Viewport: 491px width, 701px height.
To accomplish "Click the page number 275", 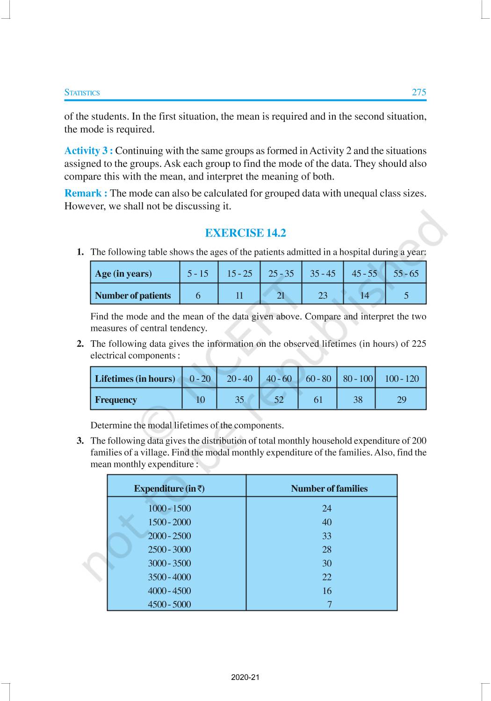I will [419, 92].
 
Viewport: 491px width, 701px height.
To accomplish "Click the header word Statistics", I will [82, 93].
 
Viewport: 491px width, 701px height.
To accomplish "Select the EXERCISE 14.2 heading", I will [245, 233].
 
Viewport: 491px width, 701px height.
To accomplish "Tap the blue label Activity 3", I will [88, 150].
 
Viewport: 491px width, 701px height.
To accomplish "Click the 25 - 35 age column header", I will [281, 273].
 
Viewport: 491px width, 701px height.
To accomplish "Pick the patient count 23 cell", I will [323, 295].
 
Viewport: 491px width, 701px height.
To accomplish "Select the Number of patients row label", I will [133, 295].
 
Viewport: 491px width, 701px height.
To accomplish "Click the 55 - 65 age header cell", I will [406, 273].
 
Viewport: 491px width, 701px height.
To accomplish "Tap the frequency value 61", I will [318, 400].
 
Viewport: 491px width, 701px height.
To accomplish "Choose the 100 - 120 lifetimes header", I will [402, 379].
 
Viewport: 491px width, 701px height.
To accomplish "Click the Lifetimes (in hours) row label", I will [135, 379].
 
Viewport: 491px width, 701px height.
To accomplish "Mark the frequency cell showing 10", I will [200, 400].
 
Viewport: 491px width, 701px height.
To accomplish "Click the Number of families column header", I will [329, 488].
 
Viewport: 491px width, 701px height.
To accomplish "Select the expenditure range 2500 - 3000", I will [169, 550].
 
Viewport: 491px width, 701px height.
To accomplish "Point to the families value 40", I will [327, 522].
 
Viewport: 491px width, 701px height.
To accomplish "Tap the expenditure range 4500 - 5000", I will [169, 604].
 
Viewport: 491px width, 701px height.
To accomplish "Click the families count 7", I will [329, 604].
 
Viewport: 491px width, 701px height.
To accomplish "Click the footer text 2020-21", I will [245, 677].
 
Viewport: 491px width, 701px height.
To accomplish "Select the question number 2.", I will [80, 344].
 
